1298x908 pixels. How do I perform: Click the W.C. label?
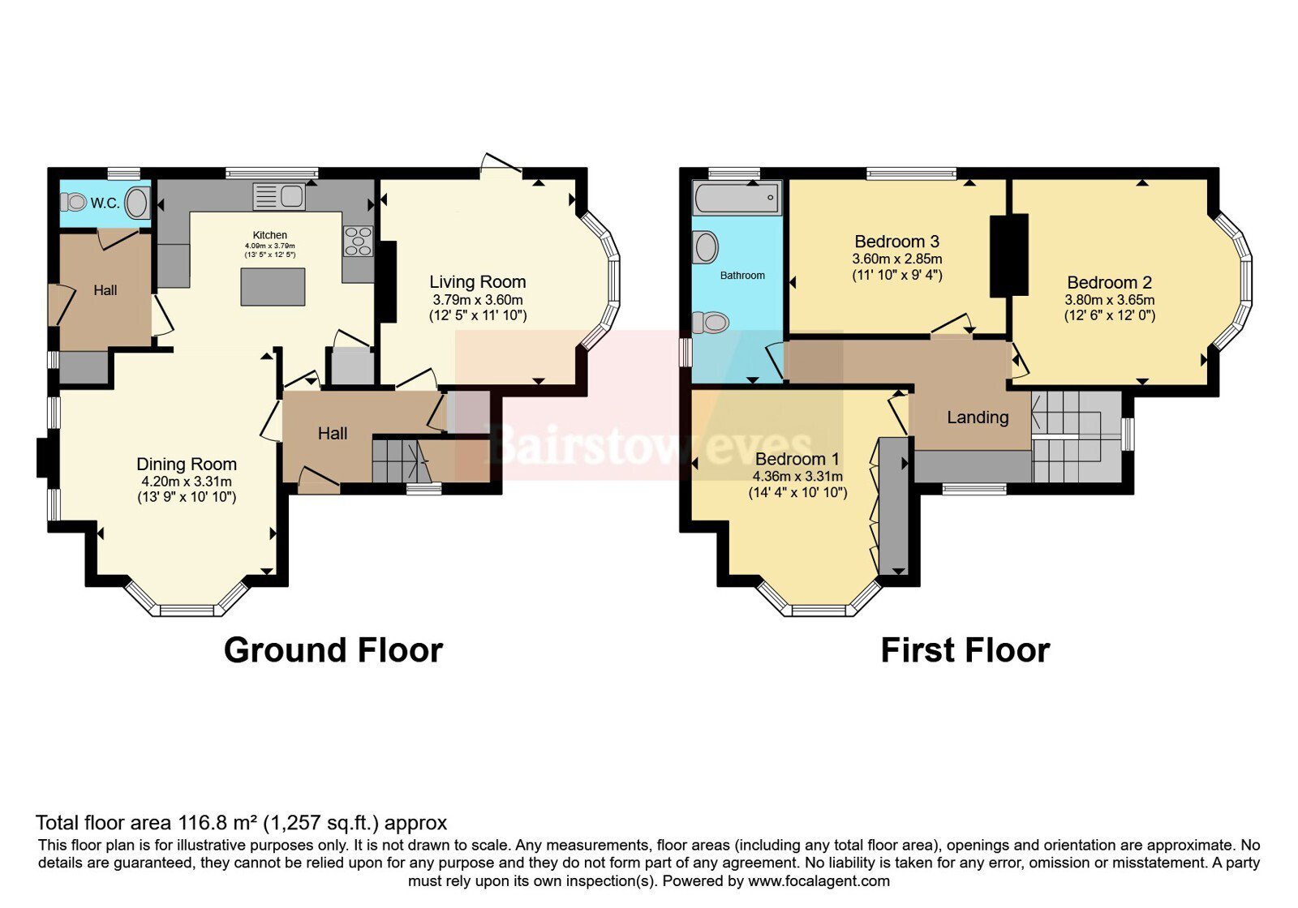[105, 203]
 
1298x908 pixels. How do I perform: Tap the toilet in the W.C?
[73, 202]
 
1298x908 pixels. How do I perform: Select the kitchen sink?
[279, 195]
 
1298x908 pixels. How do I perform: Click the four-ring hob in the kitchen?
[358, 241]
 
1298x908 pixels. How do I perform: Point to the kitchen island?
[273, 287]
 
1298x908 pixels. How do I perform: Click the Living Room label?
[478, 282]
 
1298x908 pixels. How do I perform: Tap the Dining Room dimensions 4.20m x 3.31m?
[187, 482]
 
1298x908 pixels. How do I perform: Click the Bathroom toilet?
[711, 322]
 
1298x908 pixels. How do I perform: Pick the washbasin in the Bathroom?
[706, 247]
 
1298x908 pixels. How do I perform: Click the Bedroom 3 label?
[897, 242]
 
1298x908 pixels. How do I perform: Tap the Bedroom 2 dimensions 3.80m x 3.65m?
[1110, 300]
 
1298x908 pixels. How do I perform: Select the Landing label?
[978, 417]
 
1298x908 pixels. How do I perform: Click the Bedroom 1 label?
[797, 459]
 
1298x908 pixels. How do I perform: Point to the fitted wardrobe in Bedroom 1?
[893, 506]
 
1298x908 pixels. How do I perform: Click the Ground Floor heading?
[333, 649]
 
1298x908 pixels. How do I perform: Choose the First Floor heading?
[965, 649]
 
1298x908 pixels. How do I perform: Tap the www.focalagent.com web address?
[819, 880]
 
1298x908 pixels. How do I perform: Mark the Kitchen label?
[270, 235]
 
